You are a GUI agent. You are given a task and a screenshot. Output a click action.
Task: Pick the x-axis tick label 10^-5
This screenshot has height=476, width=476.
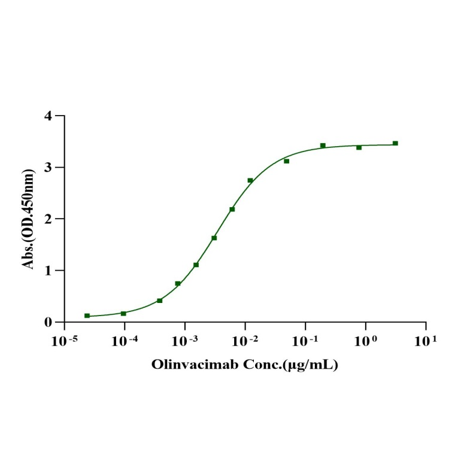64,341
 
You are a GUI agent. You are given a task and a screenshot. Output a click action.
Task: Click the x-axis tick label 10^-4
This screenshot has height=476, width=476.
125,341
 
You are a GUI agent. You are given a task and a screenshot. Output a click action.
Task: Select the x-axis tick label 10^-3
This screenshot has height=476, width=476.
184,341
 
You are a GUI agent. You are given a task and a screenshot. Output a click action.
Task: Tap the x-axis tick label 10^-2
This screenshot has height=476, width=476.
245,341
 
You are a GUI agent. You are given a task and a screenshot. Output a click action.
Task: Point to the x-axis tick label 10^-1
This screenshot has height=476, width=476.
305,341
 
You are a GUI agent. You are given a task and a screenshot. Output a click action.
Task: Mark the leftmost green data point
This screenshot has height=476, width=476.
87,316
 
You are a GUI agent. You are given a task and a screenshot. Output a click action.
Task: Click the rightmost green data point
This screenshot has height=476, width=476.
395,143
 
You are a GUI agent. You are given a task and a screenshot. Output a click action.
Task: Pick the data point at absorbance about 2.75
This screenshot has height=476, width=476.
250,180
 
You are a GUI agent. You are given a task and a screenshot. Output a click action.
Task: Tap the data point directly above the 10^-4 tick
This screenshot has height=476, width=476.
123,313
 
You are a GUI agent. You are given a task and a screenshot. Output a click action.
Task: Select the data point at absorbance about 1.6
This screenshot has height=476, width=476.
214,238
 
